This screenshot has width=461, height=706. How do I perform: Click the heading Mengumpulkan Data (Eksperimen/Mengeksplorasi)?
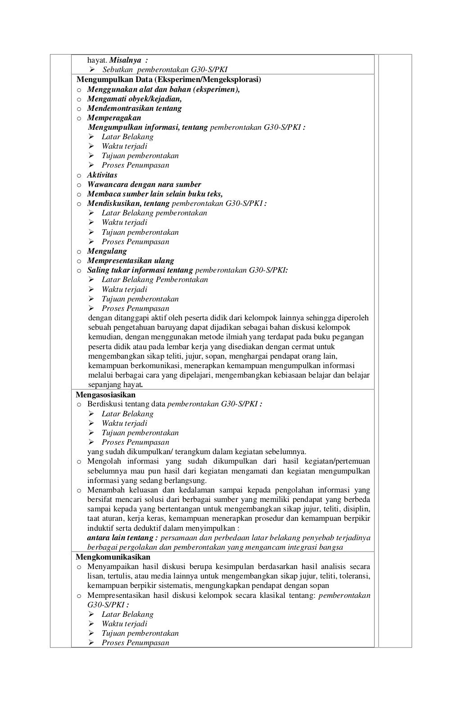coord(168,80)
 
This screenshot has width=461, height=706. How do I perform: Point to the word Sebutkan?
coord(118,69)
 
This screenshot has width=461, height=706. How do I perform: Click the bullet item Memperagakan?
coord(114,118)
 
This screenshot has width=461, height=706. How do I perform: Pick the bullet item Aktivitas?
coord(102,175)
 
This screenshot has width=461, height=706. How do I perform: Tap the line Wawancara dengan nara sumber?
coord(144,184)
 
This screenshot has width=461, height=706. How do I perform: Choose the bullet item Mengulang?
coord(107,251)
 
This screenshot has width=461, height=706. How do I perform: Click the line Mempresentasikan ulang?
coord(131,260)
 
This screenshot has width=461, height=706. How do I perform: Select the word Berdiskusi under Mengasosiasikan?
coord(105,404)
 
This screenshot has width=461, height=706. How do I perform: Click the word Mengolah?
coord(103,461)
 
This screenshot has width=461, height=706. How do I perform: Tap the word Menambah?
coord(104,490)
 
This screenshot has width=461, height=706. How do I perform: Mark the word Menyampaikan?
coord(111,566)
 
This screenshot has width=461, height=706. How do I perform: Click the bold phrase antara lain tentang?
coord(122,537)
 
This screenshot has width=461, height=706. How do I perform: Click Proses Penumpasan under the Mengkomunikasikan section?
coord(135,642)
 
